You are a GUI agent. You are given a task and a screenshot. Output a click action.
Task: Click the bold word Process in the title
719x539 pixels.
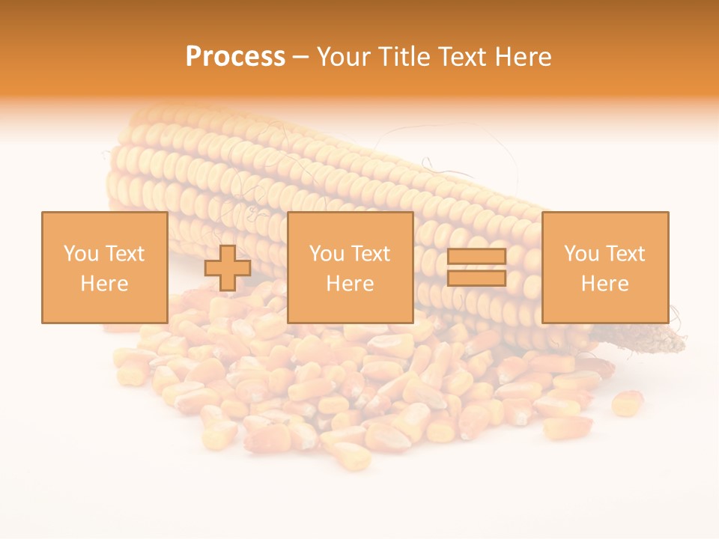[235, 57]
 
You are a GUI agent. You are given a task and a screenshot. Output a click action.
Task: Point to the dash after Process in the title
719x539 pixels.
[301, 58]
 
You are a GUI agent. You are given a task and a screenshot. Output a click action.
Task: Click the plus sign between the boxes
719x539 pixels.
[228, 268]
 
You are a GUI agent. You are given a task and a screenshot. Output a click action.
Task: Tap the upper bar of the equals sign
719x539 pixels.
[476, 257]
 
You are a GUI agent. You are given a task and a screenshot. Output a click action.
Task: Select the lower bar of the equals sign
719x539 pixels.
[476, 278]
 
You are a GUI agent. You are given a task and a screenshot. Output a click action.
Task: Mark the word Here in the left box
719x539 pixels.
[104, 284]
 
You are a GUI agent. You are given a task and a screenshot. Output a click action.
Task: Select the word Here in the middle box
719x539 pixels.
[350, 284]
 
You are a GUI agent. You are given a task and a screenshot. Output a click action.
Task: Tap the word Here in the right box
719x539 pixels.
[604, 284]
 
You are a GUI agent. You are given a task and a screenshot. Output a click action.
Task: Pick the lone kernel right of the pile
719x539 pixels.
[627, 403]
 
